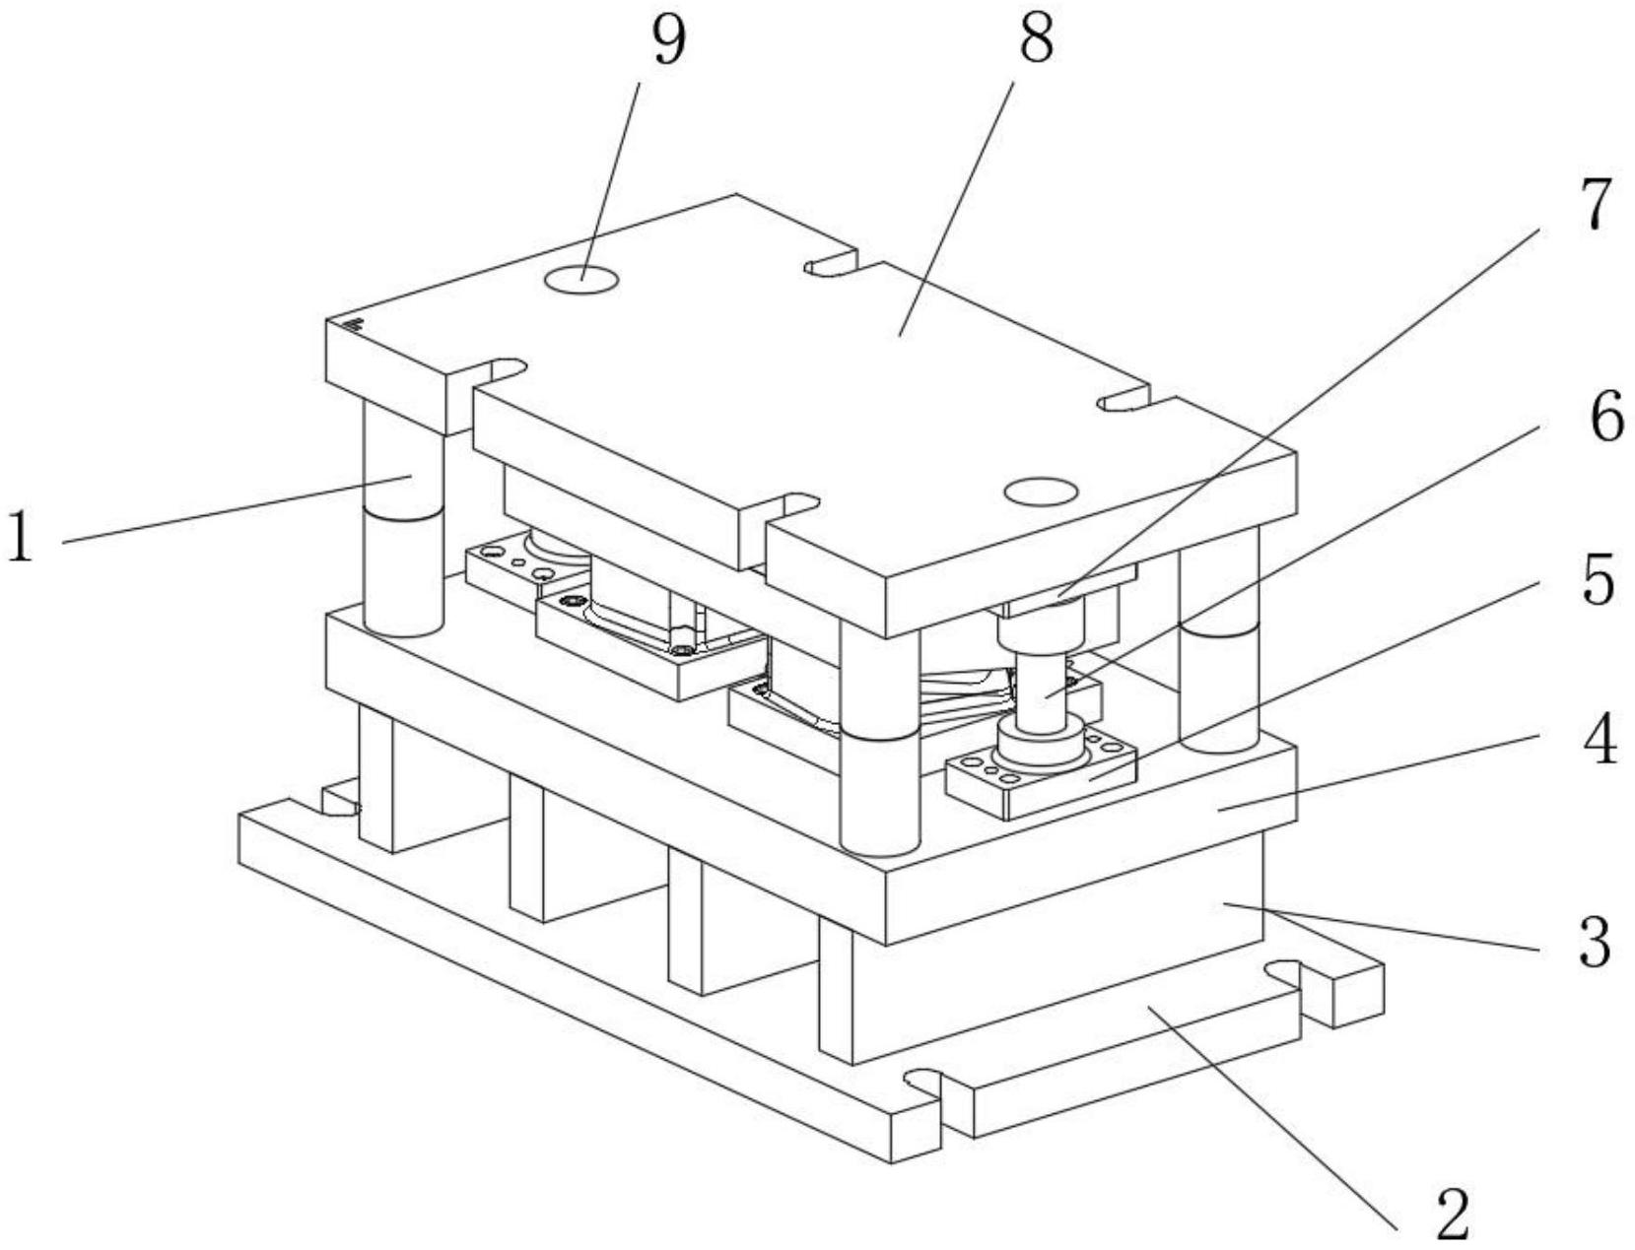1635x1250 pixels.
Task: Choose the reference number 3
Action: (1595, 941)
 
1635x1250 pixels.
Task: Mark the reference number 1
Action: (20, 535)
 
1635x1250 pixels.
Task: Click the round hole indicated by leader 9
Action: (581, 280)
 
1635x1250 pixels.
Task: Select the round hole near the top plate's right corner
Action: (1041, 491)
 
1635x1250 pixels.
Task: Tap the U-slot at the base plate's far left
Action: (340, 800)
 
